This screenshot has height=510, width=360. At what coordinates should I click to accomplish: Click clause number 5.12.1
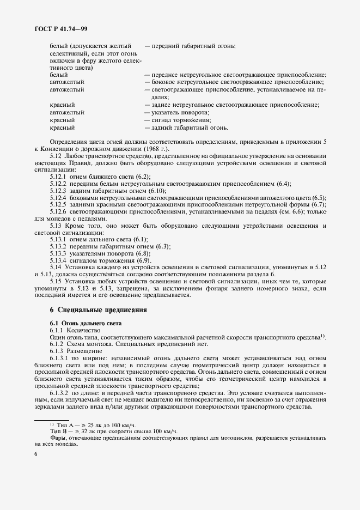pyautogui.click(x=58, y=177)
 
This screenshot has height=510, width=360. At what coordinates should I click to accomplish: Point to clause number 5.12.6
pyautogui.click(x=58, y=211)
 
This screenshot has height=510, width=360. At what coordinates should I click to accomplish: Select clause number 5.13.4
pyautogui.click(x=58, y=260)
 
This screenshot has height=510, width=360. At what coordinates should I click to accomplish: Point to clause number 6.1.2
pyautogui.click(x=56, y=345)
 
